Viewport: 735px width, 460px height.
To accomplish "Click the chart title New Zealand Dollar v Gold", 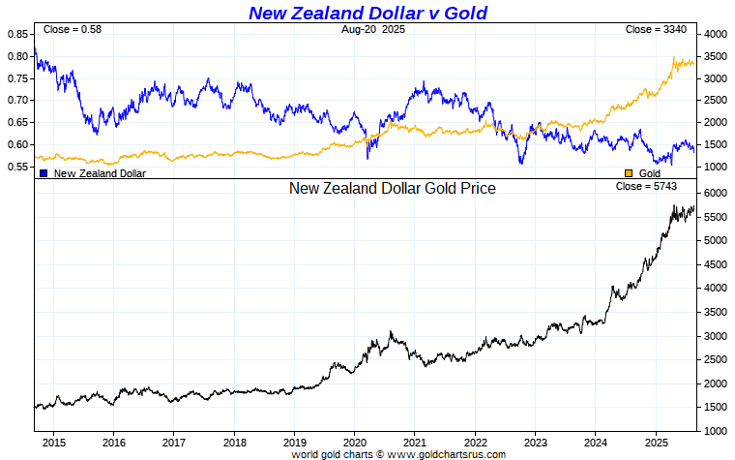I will (x=367, y=13).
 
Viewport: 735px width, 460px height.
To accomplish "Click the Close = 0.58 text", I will (x=73, y=30).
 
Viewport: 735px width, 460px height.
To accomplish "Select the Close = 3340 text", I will (x=656, y=30).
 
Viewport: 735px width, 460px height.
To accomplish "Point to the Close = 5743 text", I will (x=642, y=186).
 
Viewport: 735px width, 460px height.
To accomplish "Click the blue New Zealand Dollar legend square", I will (x=44, y=173).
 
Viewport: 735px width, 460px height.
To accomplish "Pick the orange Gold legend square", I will (x=629, y=173).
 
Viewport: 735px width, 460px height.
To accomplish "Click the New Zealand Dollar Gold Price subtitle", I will (x=392, y=189).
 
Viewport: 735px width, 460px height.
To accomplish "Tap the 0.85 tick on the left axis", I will (x=17, y=34).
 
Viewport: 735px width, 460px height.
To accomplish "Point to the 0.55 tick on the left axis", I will (x=17, y=167).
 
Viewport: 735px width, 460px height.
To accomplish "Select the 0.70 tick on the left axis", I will (x=17, y=101).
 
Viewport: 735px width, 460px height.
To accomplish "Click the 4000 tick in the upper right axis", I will (x=715, y=34).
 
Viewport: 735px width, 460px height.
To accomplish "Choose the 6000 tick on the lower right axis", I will (x=715, y=194).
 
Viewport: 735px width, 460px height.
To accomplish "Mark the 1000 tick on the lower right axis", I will (x=715, y=431).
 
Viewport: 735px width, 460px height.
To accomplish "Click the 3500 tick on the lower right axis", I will (x=715, y=313).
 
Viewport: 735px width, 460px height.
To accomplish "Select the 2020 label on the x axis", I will (x=354, y=441).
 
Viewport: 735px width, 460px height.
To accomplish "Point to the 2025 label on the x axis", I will (x=656, y=441).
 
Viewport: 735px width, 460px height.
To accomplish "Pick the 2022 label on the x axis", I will (x=475, y=441).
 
